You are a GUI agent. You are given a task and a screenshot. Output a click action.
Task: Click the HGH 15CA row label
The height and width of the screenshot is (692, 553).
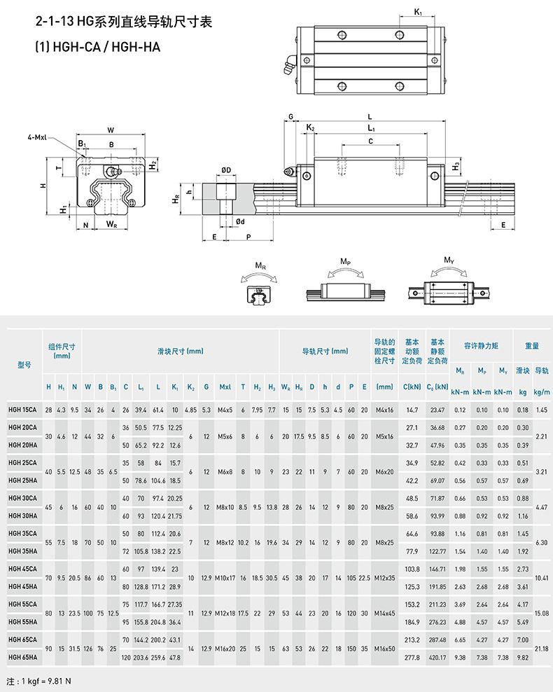pos(22,410)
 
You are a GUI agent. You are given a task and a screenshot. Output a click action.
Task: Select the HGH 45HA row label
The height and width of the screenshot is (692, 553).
pos(22,586)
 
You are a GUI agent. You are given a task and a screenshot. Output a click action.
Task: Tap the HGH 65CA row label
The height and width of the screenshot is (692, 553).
pos(22,639)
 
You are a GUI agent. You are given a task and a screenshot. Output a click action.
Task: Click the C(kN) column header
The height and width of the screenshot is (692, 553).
pos(412,387)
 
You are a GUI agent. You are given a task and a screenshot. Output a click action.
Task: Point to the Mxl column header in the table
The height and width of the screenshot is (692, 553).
pos(225,387)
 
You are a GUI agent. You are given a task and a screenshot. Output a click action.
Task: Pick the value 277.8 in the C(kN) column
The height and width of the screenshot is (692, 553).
pos(412,657)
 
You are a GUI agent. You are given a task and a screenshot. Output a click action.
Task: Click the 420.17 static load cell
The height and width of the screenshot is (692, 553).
pos(437,657)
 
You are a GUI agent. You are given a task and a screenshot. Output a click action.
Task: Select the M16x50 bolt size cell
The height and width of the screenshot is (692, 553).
pos(384,649)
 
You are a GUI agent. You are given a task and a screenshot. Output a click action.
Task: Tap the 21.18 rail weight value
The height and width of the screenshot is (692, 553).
pos(542,649)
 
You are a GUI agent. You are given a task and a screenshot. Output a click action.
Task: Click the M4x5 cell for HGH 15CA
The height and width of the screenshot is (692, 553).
pos(225,410)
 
